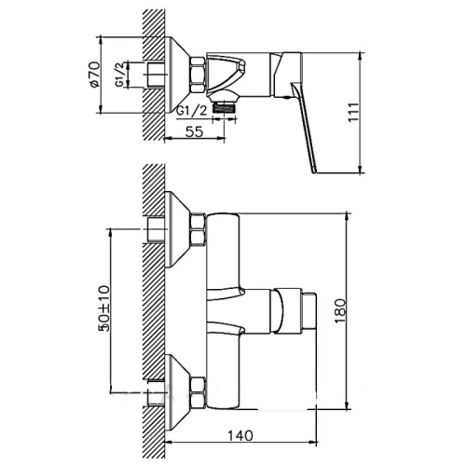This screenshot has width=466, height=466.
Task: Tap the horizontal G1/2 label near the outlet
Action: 193,111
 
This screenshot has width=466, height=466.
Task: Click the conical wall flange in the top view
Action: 176,71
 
